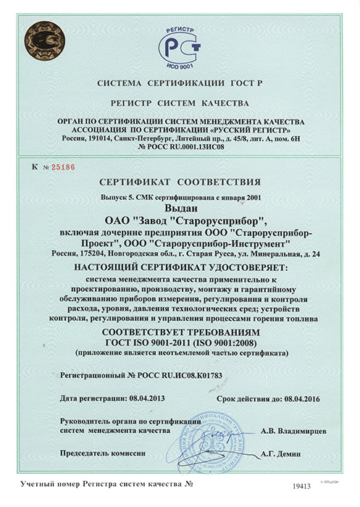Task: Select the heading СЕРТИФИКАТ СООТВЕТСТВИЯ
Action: point(179,181)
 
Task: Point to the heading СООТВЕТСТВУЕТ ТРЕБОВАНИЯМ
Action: point(179,330)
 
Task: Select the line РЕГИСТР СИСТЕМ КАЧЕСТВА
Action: point(179,104)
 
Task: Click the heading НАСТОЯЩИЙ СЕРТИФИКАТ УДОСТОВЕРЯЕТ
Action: point(179,268)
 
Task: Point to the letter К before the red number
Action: point(35,167)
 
